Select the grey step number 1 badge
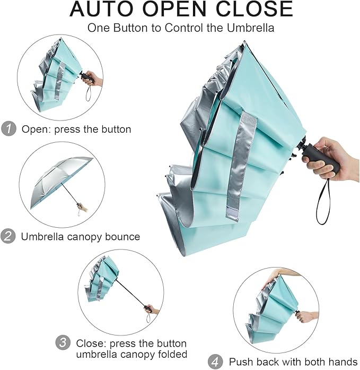coord(8,128)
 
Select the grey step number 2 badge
coord(8,236)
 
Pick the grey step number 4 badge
coord(215,362)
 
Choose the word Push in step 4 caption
coord(240,362)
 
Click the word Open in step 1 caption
coord(33,128)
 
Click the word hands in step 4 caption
coord(344,362)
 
